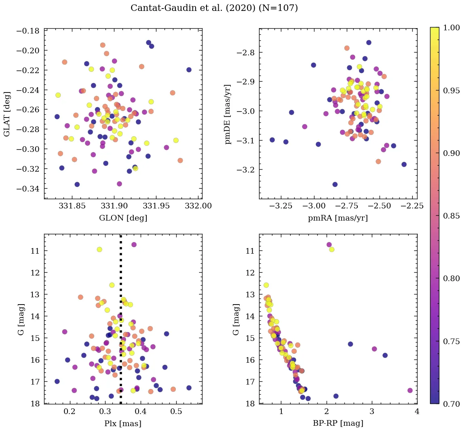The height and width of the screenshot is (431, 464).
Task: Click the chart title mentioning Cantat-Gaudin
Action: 214,8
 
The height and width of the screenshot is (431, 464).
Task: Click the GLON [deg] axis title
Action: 123,218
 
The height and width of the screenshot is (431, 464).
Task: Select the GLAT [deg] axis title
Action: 7,114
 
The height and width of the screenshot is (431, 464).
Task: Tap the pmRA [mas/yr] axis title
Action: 338,218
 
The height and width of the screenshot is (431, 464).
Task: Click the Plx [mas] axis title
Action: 123,423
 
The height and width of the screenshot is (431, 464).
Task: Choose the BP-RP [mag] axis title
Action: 338,423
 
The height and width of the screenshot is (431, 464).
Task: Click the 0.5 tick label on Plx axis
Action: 176,412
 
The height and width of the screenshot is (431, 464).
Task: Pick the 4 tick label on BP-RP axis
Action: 417,412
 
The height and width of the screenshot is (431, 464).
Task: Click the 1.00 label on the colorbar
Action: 452,27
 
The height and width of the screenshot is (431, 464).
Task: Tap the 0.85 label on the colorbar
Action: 452,216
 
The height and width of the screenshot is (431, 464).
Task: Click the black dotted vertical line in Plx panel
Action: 120,323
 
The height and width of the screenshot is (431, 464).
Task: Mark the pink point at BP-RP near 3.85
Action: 410,391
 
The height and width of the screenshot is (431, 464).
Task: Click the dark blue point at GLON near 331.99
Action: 189,70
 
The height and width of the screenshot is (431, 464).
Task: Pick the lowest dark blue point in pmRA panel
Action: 335,185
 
